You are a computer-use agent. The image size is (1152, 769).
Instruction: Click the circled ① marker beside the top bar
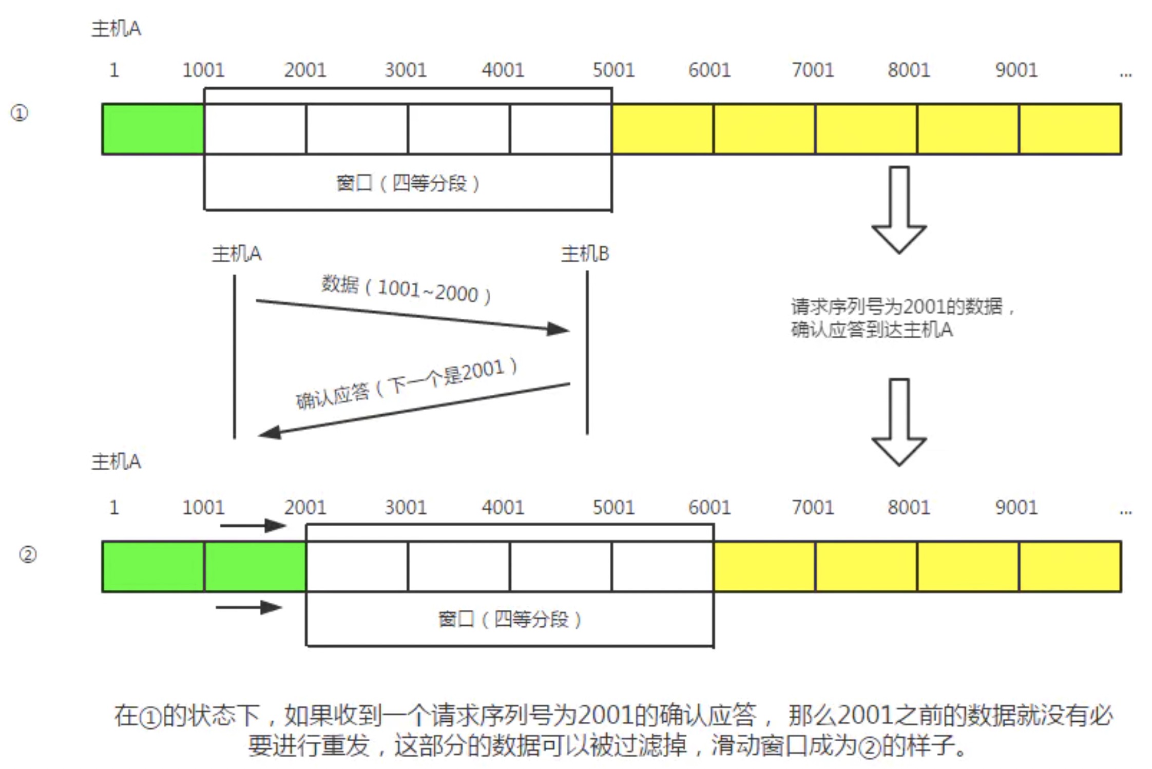[20, 113]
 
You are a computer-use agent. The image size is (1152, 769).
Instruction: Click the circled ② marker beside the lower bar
[28, 554]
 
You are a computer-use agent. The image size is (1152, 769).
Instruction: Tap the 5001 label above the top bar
[613, 70]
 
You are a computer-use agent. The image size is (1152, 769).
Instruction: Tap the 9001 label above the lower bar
[1016, 507]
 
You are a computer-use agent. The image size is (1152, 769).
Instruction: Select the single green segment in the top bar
[153, 129]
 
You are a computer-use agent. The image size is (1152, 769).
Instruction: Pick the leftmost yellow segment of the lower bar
[764, 566]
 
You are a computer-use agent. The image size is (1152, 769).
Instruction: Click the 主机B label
[585, 254]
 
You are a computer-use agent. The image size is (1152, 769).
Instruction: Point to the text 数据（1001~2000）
[406, 290]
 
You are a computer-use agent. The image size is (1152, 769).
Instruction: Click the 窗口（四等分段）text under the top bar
[408, 183]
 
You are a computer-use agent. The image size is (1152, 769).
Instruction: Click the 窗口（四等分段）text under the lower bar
[509, 619]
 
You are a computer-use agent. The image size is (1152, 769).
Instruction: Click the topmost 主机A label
[116, 29]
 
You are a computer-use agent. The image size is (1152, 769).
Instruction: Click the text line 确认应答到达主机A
[872, 330]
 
